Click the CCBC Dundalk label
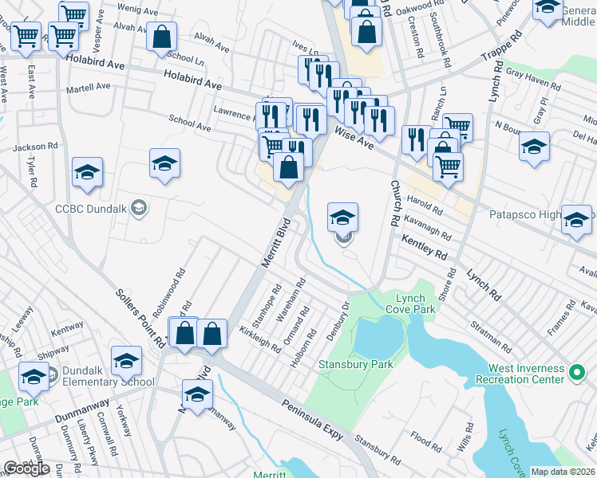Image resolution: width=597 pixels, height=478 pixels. pyautogui.click(x=91, y=210)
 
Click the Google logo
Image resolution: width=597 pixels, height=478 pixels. pyautogui.click(x=27, y=469)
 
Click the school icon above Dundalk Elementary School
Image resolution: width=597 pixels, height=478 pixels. pyautogui.click(x=126, y=361)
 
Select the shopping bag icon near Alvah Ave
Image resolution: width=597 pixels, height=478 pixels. pyautogui.click(x=161, y=36)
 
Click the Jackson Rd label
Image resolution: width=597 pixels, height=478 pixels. pyautogui.click(x=36, y=147)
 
